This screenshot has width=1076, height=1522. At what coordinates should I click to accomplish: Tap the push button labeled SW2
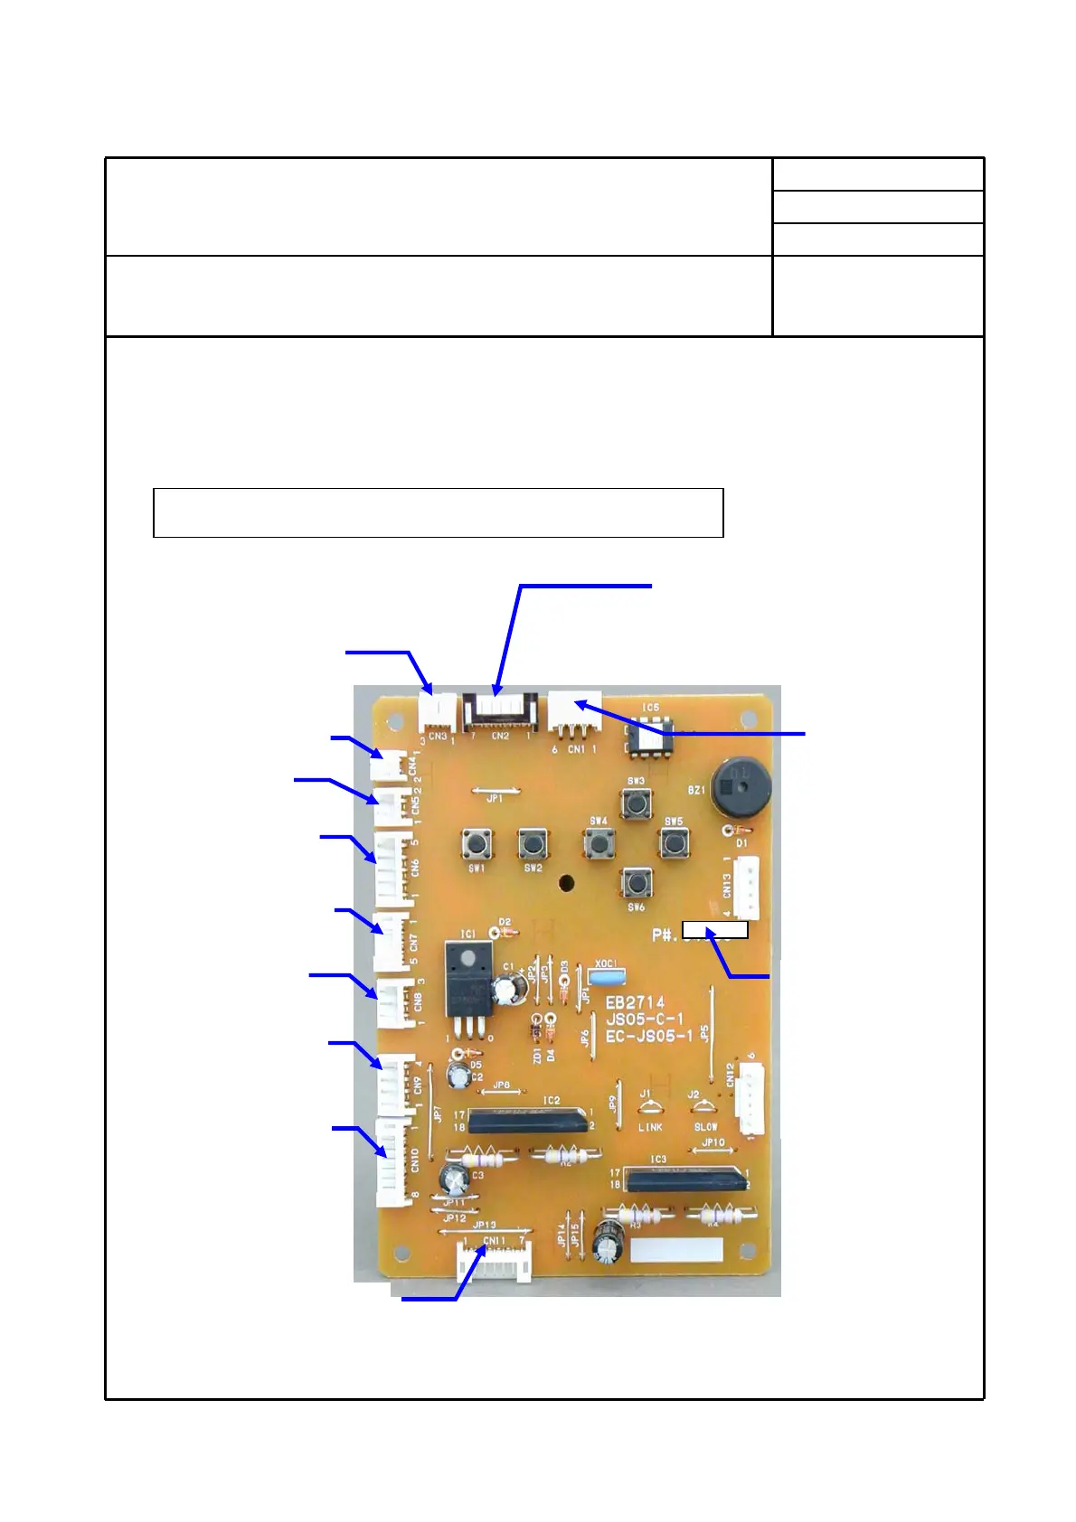pos(532,843)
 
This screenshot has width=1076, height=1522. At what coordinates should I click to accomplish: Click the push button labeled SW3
pos(636,803)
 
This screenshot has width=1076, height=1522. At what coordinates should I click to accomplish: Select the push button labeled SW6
pos(637,882)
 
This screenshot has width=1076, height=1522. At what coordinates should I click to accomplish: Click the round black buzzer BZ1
pos(740,786)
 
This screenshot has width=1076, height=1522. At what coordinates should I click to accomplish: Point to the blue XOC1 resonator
pos(606,975)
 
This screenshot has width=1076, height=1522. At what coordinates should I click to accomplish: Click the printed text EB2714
pos(635,1002)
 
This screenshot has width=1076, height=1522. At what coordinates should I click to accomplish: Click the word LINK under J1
pos(650,1127)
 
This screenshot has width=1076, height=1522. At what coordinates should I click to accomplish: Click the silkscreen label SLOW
pos(705,1127)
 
